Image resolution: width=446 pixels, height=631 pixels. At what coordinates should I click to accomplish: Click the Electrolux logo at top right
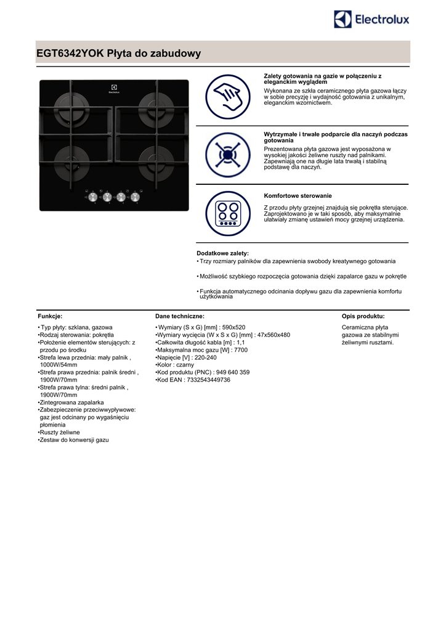pyautogui.click(x=371, y=20)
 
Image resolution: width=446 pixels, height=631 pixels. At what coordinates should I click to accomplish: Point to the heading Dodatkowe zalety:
pyautogui.click(x=222, y=253)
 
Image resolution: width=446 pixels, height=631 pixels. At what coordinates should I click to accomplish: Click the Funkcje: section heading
pyautogui.click(x=50, y=315)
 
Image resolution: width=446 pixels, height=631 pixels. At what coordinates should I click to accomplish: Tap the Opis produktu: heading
pyautogui.click(x=363, y=315)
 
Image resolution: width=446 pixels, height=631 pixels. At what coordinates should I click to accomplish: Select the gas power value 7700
pyautogui.click(x=241, y=350)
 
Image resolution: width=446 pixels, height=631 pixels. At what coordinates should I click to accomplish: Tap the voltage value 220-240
pyautogui.click(x=205, y=357)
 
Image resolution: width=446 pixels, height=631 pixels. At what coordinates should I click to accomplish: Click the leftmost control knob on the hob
pyautogui.click(x=94, y=198)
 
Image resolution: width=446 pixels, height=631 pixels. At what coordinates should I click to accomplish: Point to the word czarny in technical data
pyautogui.click(x=185, y=365)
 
